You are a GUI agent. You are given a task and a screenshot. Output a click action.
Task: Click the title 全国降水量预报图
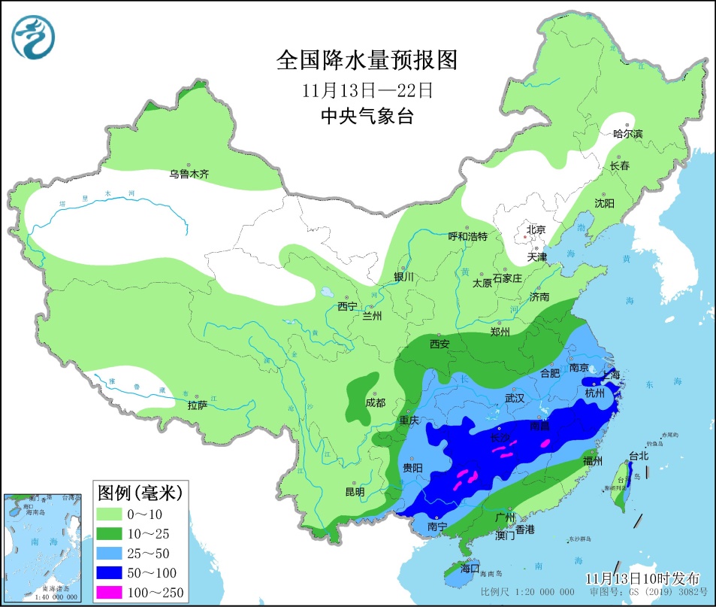[x=367, y=59]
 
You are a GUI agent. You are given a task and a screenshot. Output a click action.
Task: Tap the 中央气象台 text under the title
[x=367, y=117]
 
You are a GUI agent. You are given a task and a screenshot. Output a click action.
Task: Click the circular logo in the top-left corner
[x=33, y=38]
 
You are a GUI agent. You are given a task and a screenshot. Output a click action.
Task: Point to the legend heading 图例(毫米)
[x=140, y=493]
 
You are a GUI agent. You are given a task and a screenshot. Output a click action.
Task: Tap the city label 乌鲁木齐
[x=189, y=175]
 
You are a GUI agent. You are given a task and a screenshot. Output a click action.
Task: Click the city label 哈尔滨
[x=628, y=134]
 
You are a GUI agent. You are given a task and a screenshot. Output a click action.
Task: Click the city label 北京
[x=535, y=229]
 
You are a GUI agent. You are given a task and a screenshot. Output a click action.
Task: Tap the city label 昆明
[x=354, y=492]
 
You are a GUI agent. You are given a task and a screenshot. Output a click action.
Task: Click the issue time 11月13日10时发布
[x=642, y=578]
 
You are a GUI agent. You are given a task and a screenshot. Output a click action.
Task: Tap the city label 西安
[x=440, y=344]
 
